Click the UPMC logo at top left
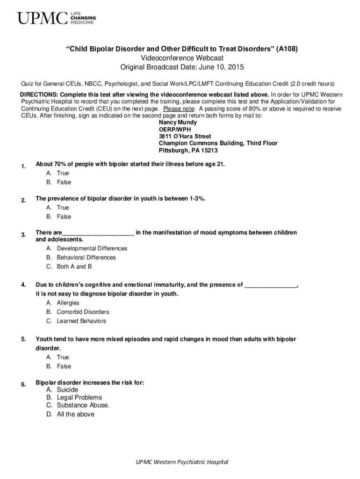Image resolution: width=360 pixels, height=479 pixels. (56, 19)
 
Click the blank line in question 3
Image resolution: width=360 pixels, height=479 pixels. (98, 233)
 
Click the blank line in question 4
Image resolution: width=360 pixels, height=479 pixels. (271, 285)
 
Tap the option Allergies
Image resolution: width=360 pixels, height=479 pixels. (68, 303)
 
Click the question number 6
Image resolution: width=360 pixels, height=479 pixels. (23, 385)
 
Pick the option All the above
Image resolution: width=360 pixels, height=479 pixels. (75, 414)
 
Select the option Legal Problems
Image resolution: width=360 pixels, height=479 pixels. (79, 398)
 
